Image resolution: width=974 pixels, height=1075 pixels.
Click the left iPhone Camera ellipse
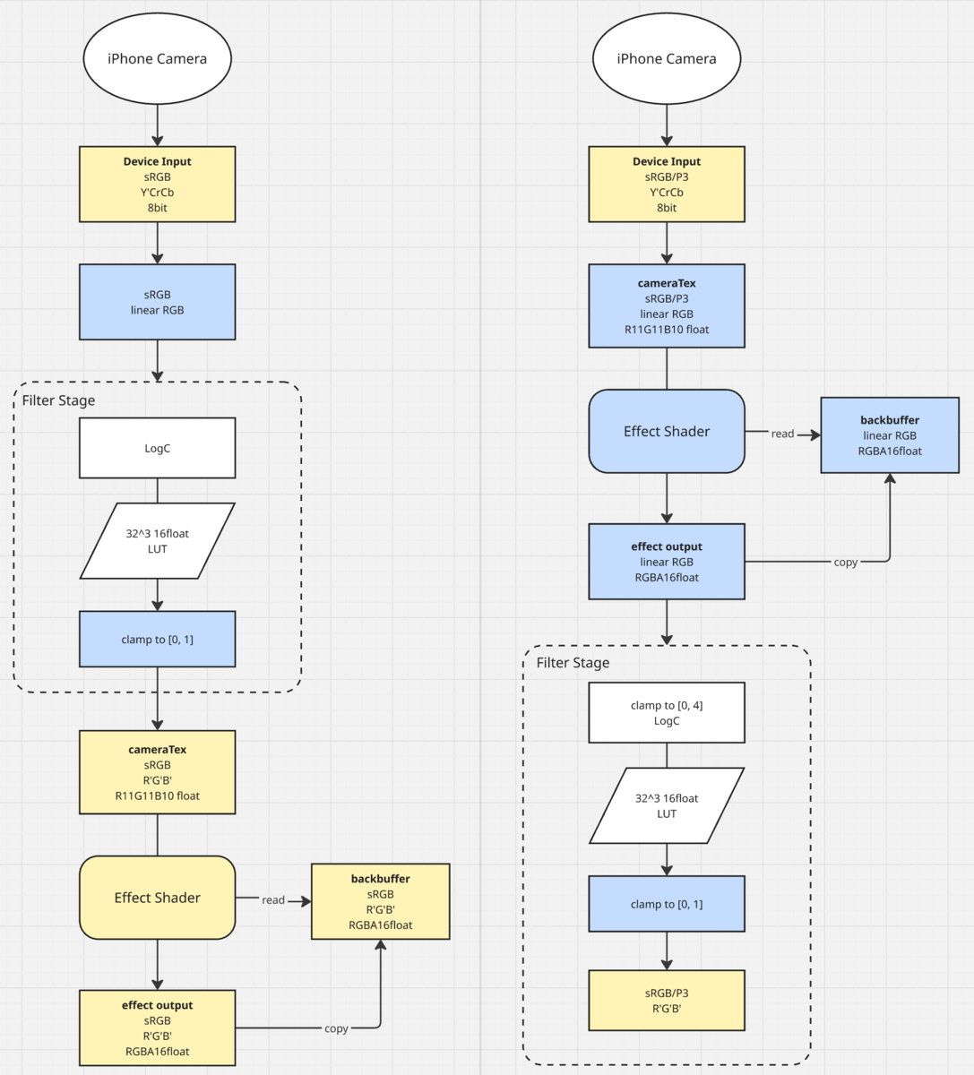pyautogui.click(x=157, y=58)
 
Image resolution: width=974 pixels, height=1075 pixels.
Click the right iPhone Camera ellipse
pyautogui.click(x=667, y=58)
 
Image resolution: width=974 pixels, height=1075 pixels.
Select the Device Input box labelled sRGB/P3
pyautogui.click(x=667, y=184)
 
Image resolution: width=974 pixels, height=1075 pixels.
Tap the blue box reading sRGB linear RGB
pyautogui.click(x=157, y=302)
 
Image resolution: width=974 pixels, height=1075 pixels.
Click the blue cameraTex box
pyautogui.click(x=667, y=305)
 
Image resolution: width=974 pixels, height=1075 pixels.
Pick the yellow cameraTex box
pyautogui.click(x=157, y=771)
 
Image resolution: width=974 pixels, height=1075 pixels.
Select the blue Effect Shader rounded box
pyautogui.click(x=667, y=431)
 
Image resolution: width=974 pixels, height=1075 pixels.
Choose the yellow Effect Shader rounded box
pyautogui.click(x=157, y=897)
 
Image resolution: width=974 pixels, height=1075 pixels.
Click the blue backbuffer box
pyautogui.click(x=889, y=434)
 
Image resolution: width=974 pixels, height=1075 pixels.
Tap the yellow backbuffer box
pyautogui.click(x=380, y=901)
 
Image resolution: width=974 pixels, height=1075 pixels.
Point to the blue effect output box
pyautogui.click(x=667, y=561)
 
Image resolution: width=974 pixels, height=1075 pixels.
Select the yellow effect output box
pyautogui.click(x=157, y=1028)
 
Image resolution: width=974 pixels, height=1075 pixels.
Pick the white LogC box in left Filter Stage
pyautogui.click(x=157, y=448)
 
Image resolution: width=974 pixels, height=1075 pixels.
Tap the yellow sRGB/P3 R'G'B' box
pyautogui.click(x=667, y=1000)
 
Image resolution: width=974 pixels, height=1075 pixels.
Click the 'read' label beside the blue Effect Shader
pyautogui.click(x=782, y=434)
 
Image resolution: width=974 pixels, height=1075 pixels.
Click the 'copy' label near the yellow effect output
pyautogui.click(x=336, y=1028)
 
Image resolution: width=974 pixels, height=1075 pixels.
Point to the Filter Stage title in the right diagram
pyautogui.click(x=573, y=662)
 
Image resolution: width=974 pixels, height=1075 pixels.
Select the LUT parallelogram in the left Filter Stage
pyautogui.click(x=157, y=541)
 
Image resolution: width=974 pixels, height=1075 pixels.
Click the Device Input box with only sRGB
pyautogui.click(x=157, y=184)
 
